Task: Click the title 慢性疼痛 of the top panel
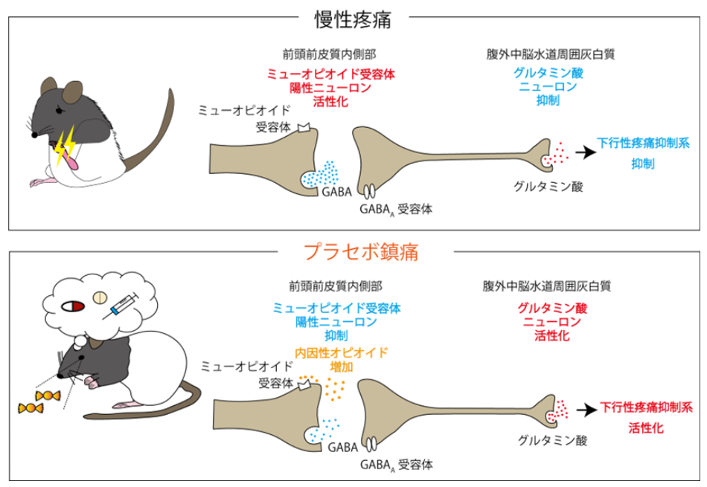click(353, 20)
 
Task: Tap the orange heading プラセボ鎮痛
click(361, 252)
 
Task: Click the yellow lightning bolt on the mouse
click(65, 145)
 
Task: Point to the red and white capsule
click(73, 306)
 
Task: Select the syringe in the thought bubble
click(121, 306)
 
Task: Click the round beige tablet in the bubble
click(100, 297)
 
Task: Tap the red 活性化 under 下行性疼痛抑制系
click(646, 428)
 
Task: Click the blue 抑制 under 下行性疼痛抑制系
click(643, 164)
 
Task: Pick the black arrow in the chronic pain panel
click(585, 152)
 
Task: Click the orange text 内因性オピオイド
click(342, 352)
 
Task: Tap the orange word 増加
click(342, 367)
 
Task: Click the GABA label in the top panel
click(337, 192)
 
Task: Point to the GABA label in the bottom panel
click(342, 448)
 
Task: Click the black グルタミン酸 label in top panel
click(548, 187)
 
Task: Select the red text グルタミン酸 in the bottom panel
click(552, 308)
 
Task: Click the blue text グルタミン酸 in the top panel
click(548, 73)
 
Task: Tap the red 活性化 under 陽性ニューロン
click(330, 101)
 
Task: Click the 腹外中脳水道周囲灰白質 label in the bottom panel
click(547, 286)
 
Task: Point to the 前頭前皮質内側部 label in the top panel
click(329, 54)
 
